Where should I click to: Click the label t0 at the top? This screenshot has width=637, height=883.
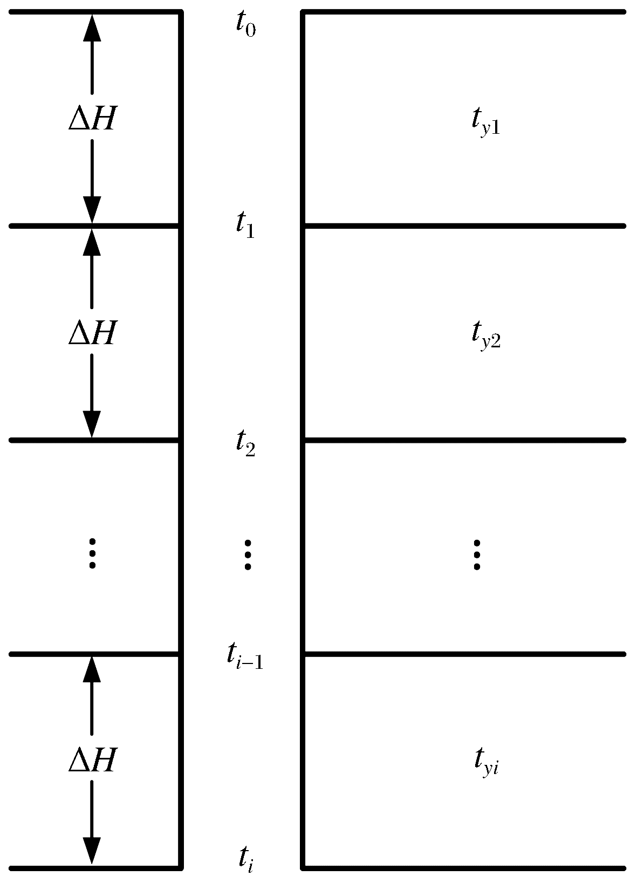(x=245, y=26)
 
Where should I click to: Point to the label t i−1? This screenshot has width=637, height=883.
(x=244, y=657)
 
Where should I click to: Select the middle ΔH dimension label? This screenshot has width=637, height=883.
(x=92, y=333)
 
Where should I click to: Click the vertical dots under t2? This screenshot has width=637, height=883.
(x=248, y=555)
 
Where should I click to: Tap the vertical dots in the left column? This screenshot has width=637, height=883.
(x=92, y=553)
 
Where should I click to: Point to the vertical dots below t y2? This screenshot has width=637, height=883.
(x=477, y=555)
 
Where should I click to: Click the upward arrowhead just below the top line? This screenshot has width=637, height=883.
(x=92, y=28)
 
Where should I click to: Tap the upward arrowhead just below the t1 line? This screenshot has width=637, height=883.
(x=92, y=242)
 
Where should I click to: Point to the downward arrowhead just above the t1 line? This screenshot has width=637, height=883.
(x=92, y=210)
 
